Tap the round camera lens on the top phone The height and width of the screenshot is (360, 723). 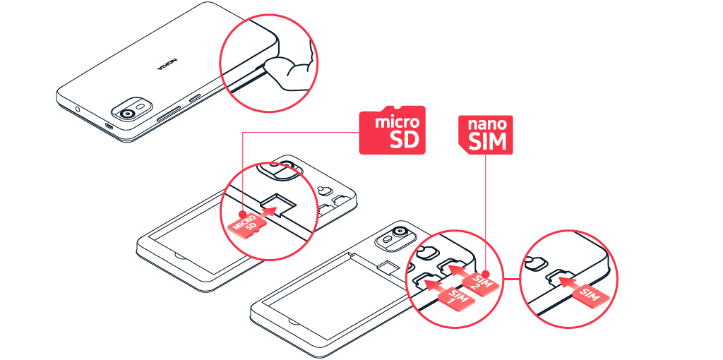point(128,114)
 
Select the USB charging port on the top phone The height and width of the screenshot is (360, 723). point(109,127)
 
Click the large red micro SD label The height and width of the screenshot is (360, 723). point(393,131)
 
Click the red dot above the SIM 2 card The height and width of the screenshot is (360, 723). point(486,272)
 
